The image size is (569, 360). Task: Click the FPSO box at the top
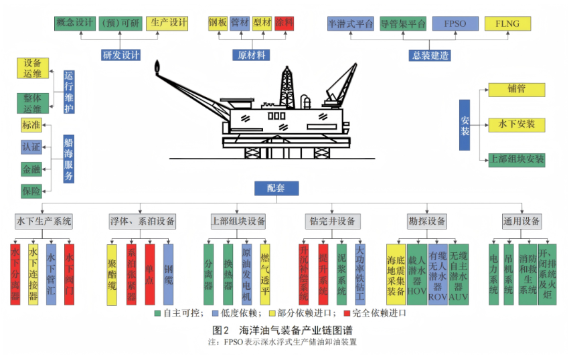point(455,23)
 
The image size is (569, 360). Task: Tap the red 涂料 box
point(284,23)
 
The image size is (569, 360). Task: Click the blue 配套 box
point(276,189)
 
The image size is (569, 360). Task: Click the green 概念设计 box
point(74,23)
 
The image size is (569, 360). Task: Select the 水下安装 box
point(516,124)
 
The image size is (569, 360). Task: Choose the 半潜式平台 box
point(350,23)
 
